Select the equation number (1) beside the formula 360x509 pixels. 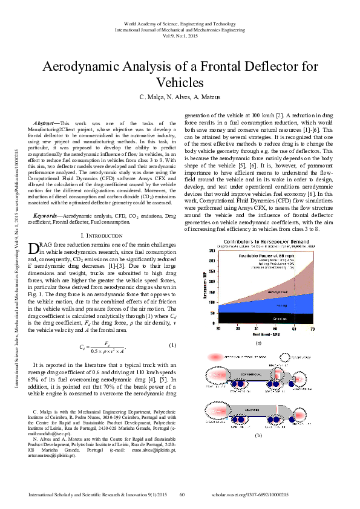click(x=172, y=346)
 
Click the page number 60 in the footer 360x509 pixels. click(x=182, y=494)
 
